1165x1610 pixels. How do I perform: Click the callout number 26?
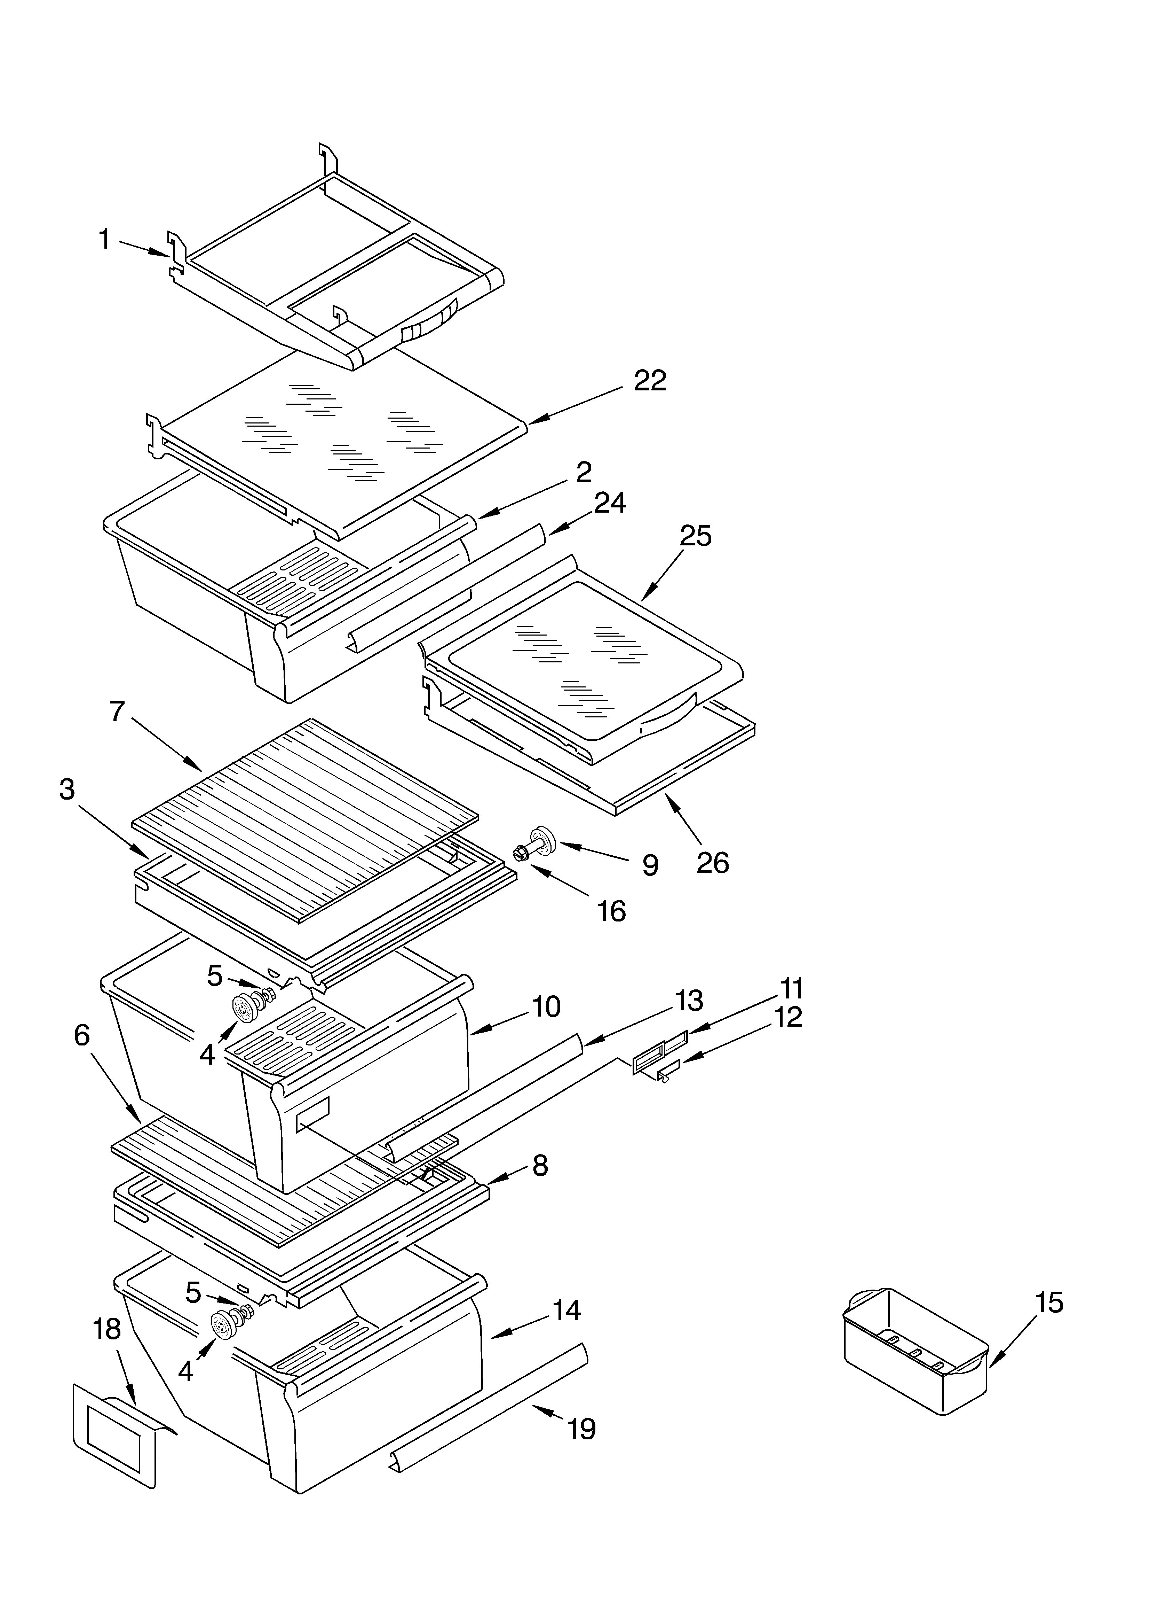712,863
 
